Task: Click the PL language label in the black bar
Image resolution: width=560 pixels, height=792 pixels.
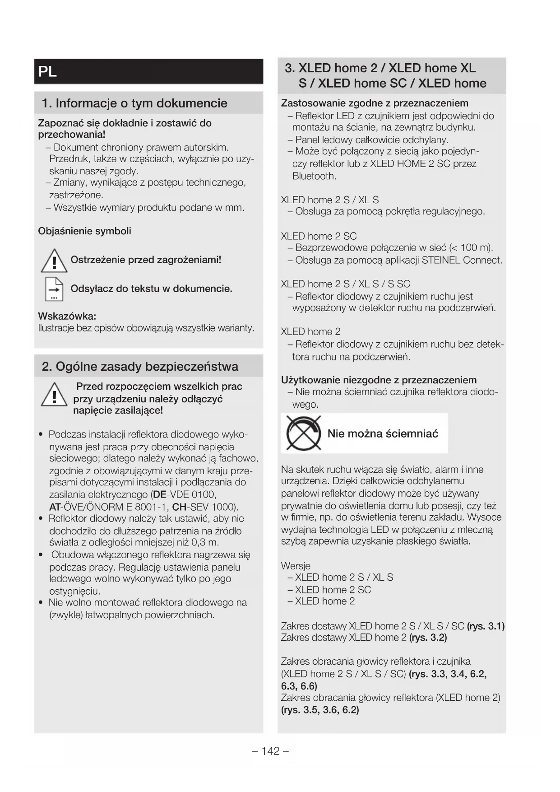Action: pyautogui.click(x=48, y=72)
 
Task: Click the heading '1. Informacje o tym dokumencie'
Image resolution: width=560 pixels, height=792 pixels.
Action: pyautogui.click(x=134, y=103)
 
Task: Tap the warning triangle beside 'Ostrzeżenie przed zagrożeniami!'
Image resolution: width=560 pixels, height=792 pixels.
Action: pyautogui.click(x=54, y=261)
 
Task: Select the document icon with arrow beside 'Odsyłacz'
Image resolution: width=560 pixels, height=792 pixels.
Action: pyautogui.click(x=54, y=289)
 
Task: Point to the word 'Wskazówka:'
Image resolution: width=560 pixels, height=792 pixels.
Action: pyautogui.click(x=67, y=316)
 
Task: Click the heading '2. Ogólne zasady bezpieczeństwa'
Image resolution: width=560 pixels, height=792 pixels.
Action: pyautogui.click(x=140, y=366)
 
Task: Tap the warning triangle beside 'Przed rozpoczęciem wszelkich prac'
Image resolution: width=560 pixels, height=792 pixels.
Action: pyautogui.click(x=54, y=395)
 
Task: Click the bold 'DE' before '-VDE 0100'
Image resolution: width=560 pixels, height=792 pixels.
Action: pyautogui.click(x=160, y=494)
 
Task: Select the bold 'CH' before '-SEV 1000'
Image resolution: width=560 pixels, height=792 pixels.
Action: pyautogui.click(x=179, y=507)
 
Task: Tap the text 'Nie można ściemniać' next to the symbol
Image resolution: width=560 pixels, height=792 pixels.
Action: pyautogui.click(x=383, y=434)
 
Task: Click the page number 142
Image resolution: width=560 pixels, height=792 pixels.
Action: pyautogui.click(x=271, y=751)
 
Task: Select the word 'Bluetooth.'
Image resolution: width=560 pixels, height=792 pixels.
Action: pyautogui.click(x=314, y=176)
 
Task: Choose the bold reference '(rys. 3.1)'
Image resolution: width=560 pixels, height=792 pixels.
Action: pyautogui.click(x=486, y=626)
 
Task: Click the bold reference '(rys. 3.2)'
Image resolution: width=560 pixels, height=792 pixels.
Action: pyautogui.click(x=428, y=638)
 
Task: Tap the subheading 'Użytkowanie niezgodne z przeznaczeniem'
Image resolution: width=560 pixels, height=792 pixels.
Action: pyautogui.click(x=379, y=380)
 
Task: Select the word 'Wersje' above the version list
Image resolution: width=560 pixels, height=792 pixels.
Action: pyautogui.click(x=296, y=566)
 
